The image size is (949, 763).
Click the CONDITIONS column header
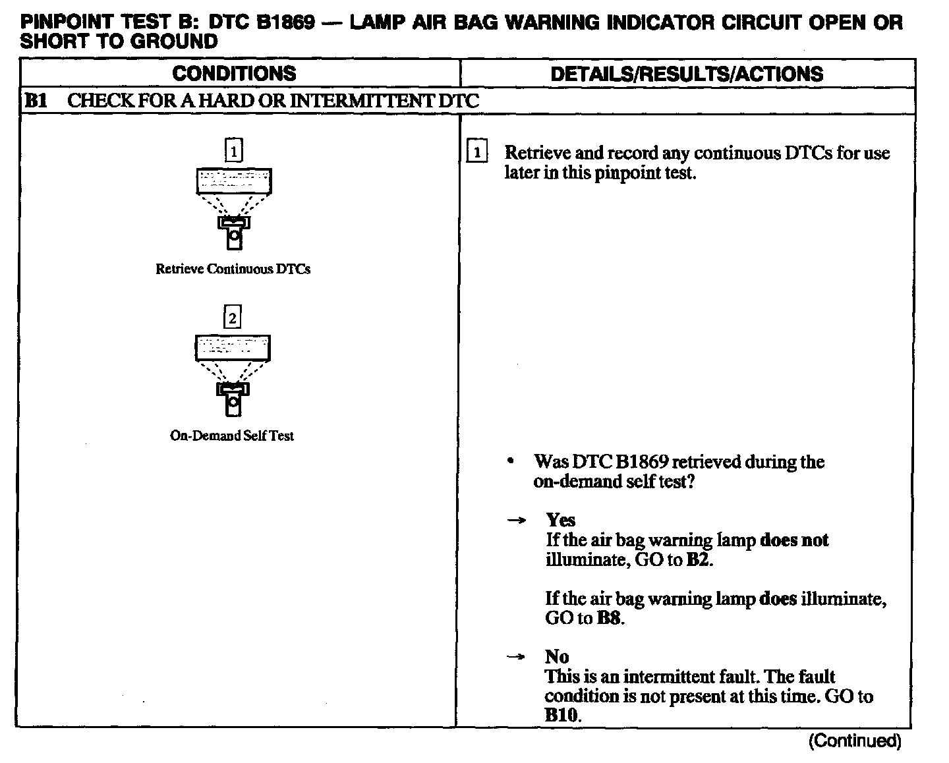(x=234, y=73)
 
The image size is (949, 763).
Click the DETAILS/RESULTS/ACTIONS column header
(x=687, y=73)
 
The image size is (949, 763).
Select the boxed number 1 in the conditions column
(x=233, y=151)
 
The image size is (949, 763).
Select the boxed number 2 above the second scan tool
(x=233, y=318)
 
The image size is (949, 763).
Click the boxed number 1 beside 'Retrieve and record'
(x=476, y=153)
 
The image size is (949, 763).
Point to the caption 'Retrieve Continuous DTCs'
(x=233, y=269)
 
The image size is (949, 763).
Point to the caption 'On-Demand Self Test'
(x=232, y=436)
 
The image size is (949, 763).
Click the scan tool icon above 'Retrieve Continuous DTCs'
(x=234, y=208)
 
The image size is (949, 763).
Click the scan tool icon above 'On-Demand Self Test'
(x=233, y=375)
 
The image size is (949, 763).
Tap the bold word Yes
(x=560, y=520)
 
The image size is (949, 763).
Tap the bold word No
(x=557, y=656)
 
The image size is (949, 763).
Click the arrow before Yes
(x=517, y=521)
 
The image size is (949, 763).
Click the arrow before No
(x=517, y=657)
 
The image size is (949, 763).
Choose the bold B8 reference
(x=610, y=618)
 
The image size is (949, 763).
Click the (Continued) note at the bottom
(x=854, y=741)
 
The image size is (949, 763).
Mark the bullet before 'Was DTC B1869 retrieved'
(x=510, y=462)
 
